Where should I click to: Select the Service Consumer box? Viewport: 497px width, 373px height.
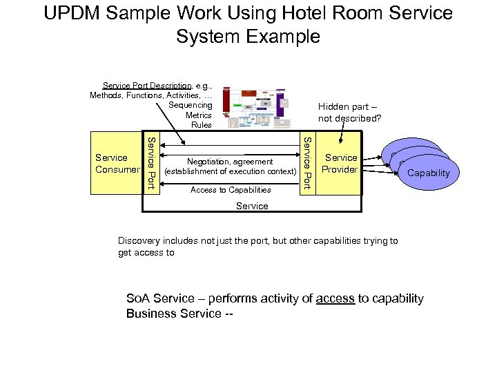117,164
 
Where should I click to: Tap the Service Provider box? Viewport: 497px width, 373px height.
341,164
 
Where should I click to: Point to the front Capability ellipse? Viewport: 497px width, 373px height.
428,173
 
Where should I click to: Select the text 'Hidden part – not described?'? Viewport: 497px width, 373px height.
349,113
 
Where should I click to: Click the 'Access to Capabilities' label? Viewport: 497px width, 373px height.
230,189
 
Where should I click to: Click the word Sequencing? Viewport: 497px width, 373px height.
190,105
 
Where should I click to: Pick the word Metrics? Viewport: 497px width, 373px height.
198,115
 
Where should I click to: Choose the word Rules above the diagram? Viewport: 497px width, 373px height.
201,125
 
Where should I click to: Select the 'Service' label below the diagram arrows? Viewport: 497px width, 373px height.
252,206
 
